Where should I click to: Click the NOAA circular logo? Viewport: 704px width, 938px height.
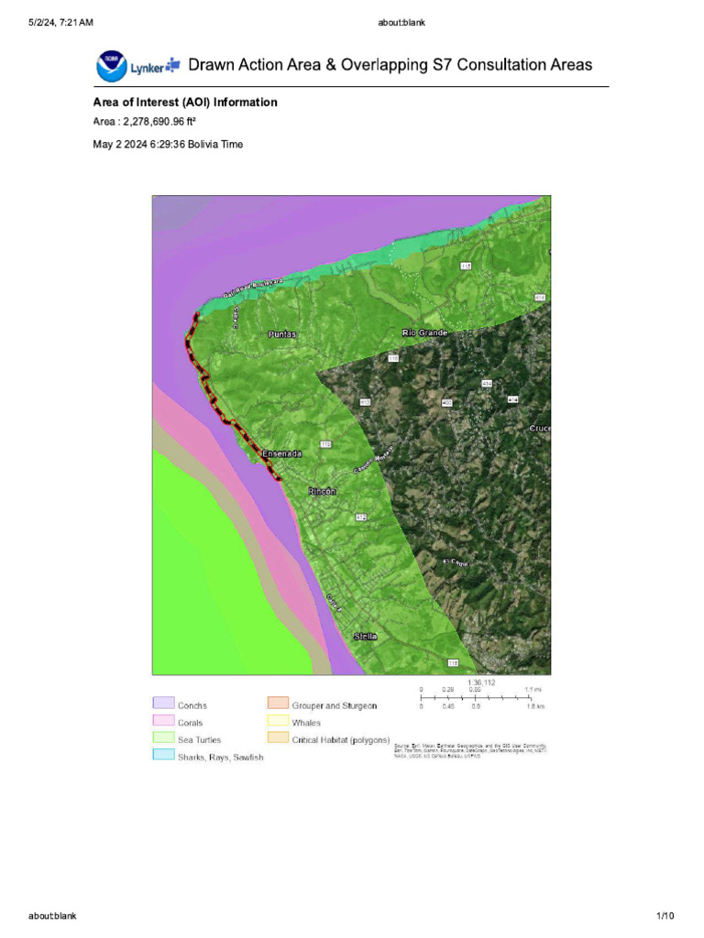[x=110, y=65]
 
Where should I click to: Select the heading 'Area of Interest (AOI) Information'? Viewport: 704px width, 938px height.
[x=185, y=103]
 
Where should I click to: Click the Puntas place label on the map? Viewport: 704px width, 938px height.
[x=283, y=335]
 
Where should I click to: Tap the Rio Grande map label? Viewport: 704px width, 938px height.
[x=424, y=333]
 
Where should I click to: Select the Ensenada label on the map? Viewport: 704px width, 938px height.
[x=281, y=453]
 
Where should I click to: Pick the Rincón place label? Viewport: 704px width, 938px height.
[x=322, y=492]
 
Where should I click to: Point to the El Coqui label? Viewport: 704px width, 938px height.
[x=456, y=563]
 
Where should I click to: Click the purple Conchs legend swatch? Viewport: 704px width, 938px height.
[x=162, y=703]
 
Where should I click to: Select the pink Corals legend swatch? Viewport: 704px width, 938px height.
[x=162, y=721]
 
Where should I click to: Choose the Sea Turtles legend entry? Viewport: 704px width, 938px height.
[x=199, y=739]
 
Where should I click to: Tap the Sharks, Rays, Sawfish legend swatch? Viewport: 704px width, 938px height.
[x=162, y=755]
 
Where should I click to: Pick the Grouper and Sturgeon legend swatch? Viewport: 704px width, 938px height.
[x=278, y=703]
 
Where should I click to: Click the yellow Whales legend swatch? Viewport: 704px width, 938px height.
[x=278, y=721]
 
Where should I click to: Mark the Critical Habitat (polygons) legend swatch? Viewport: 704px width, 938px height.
[x=278, y=737]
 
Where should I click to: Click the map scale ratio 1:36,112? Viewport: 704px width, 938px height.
[x=481, y=682]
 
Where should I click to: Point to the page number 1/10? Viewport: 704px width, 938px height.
[x=665, y=916]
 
